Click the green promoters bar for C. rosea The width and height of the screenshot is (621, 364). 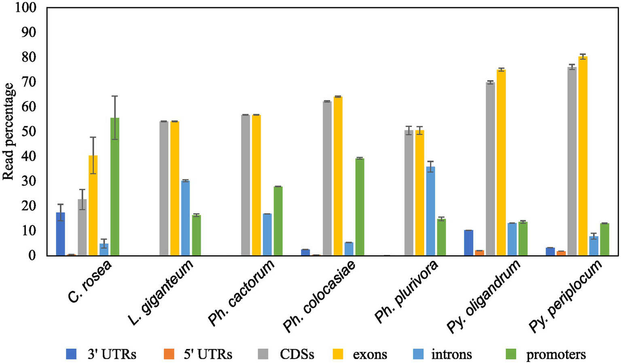pos(115,187)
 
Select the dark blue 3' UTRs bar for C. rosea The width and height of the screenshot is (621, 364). pos(60,234)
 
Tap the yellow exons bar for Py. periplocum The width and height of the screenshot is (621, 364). pos(583,156)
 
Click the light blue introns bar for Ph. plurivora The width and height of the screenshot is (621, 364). pos(430,211)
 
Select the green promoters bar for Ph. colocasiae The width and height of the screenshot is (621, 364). pos(360,207)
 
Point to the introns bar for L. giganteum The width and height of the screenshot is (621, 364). pos(185,218)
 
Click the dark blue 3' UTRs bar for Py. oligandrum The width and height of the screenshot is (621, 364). pos(468,243)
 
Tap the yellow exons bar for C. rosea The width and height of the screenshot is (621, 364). pos(93,205)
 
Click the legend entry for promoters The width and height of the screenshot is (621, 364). pos(546,355)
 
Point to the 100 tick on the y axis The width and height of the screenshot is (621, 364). pos(26,8)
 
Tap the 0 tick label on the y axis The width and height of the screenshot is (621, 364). pos(32,256)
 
